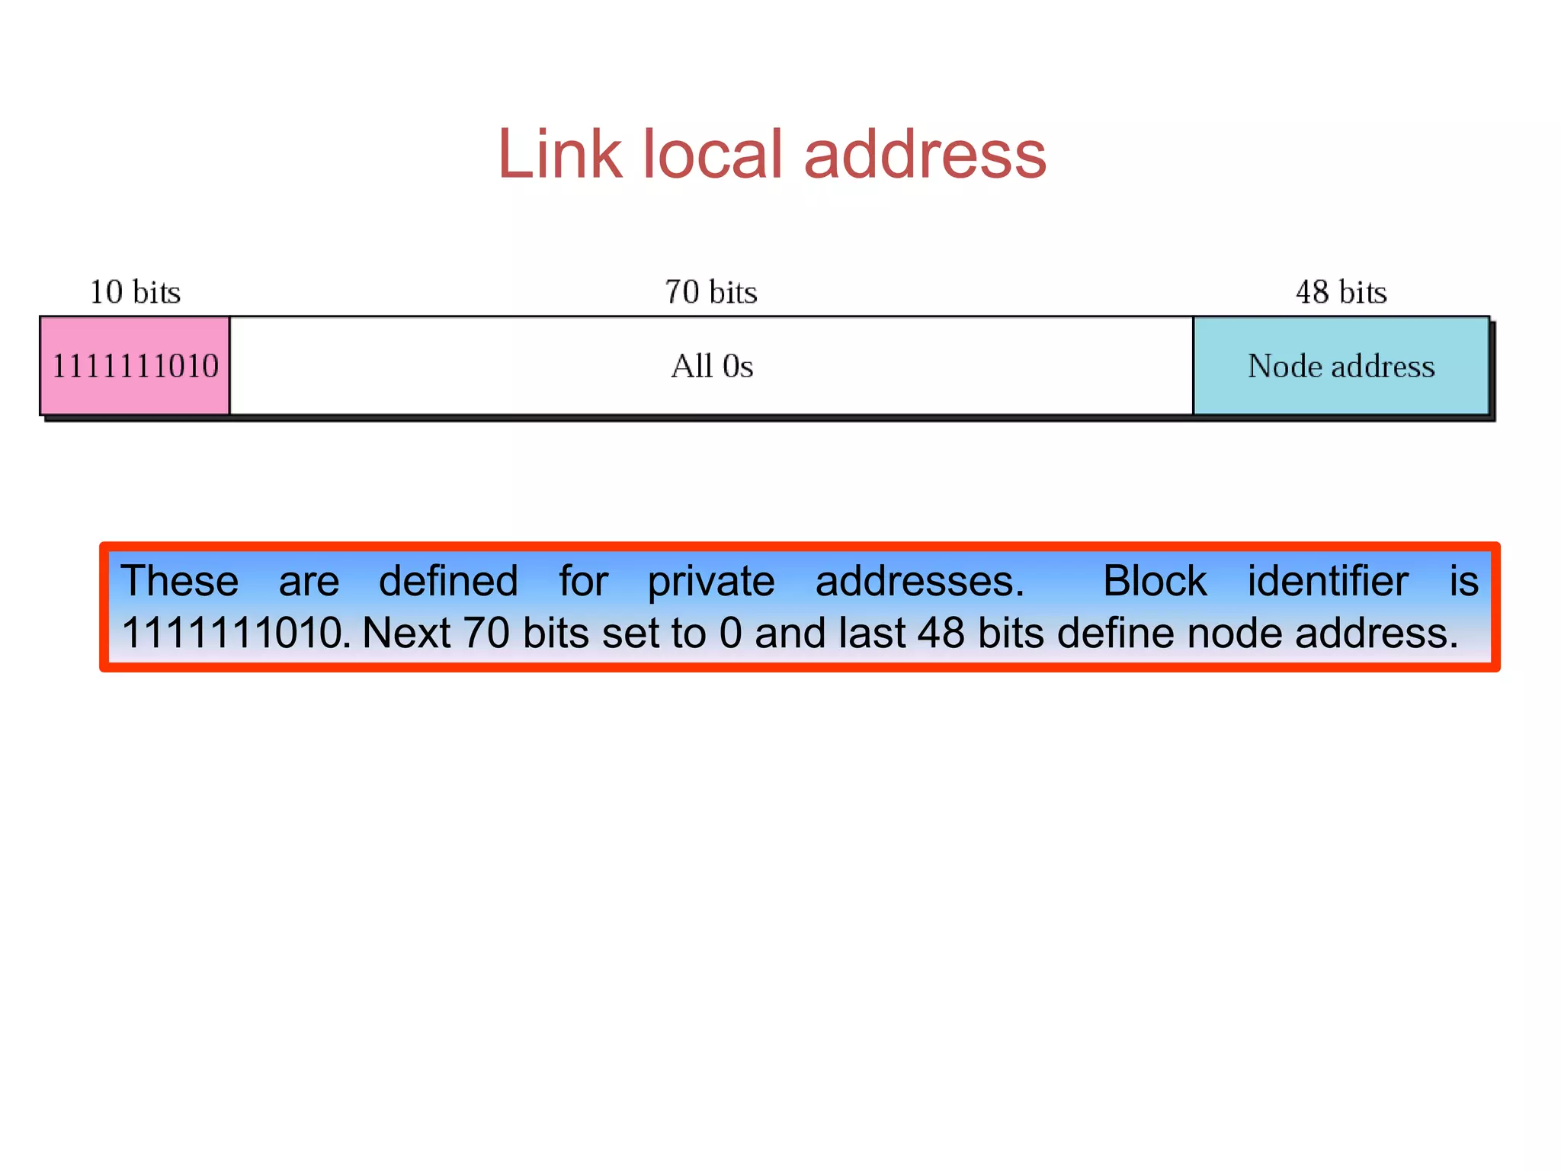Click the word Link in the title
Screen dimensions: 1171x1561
tap(559, 154)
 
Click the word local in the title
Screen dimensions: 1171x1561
tap(713, 154)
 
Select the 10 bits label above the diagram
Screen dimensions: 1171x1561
tap(135, 292)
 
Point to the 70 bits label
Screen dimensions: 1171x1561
tap(710, 292)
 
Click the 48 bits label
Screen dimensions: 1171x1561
tap(1341, 292)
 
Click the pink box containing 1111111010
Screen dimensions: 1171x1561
tap(135, 366)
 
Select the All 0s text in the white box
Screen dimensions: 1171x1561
tap(711, 367)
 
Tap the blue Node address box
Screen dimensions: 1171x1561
tap(1341, 367)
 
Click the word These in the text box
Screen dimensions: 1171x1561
tap(180, 581)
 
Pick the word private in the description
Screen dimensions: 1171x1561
tap(710, 581)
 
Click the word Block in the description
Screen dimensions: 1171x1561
tap(1154, 581)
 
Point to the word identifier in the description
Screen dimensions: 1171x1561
tap(1327, 581)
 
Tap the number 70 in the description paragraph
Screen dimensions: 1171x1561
tap(486, 633)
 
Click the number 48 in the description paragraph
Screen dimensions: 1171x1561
tap(941, 633)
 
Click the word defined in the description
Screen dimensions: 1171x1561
tap(448, 581)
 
